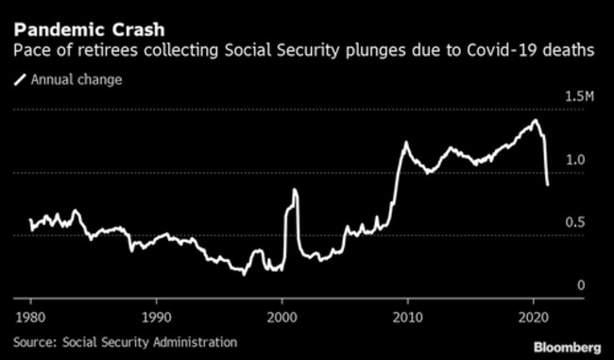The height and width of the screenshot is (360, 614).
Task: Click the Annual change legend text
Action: [77, 79]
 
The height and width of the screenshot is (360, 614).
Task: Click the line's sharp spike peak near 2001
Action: [295, 190]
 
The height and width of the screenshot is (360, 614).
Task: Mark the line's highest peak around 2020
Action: [536, 121]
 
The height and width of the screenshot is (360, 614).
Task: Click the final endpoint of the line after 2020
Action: [548, 184]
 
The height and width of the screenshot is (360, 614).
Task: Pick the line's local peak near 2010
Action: [406, 143]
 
